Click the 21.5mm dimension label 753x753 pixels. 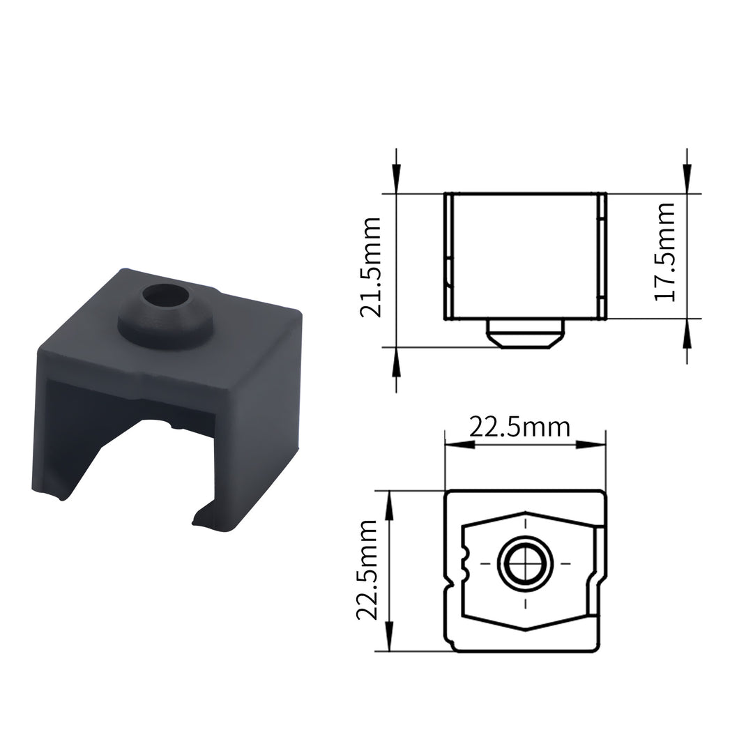(x=370, y=268)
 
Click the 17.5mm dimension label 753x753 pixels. (x=665, y=251)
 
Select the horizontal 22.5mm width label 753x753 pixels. (x=519, y=427)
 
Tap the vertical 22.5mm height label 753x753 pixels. (x=367, y=570)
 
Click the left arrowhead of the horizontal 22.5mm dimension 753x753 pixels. (x=453, y=444)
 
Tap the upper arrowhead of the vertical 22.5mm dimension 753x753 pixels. (x=388, y=498)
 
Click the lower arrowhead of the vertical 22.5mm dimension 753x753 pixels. (x=388, y=643)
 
